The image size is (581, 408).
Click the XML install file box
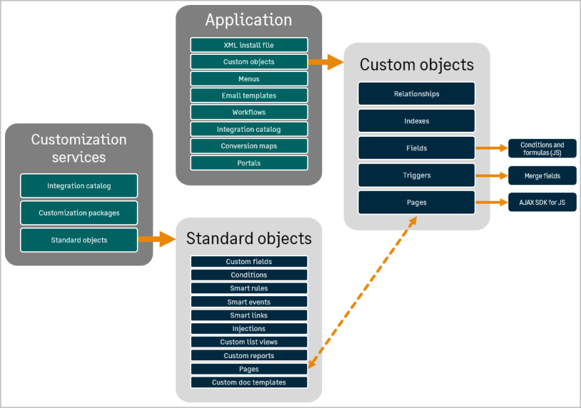click(249, 45)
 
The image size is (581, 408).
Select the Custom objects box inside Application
click(249, 62)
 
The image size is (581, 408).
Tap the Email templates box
click(249, 95)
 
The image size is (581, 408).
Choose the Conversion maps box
click(249, 146)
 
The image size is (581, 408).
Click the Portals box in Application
click(249, 163)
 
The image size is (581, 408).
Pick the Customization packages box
click(79, 213)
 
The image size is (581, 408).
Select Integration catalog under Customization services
click(79, 186)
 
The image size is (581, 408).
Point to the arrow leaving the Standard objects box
click(156, 240)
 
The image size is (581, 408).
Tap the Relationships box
click(416, 94)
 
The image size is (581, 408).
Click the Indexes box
click(416, 121)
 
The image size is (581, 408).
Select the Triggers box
click(416, 175)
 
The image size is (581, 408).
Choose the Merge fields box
click(543, 175)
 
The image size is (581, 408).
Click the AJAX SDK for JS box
click(543, 202)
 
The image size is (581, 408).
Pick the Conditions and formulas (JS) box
click(543, 148)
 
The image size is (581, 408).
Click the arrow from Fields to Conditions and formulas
click(491, 148)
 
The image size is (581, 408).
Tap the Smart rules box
click(249, 288)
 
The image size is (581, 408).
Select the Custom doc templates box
click(249, 382)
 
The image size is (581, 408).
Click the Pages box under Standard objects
click(249, 369)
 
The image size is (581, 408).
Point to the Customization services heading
click(79, 147)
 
